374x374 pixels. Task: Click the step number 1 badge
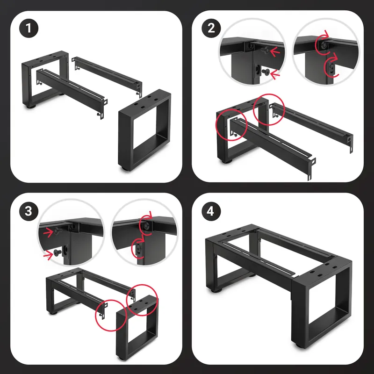point(29,28)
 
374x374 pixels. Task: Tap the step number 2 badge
point(211,28)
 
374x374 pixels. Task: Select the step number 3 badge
point(29,211)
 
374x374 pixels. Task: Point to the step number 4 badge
point(211,211)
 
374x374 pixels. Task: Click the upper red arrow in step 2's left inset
point(275,51)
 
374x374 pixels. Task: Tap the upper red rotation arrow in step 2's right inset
point(322,44)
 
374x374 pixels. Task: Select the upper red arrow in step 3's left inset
point(49,232)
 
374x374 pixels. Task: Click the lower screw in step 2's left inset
point(266,71)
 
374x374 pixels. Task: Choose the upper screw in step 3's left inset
point(58,230)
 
